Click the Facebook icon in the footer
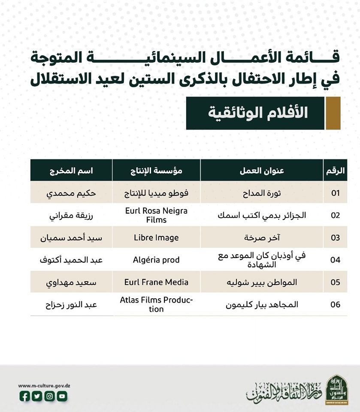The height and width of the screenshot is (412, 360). click(25, 397)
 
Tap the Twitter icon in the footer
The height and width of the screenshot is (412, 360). click(37, 397)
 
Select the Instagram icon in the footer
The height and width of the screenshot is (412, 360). click(50, 397)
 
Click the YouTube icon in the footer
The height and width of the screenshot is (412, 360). click(62, 397)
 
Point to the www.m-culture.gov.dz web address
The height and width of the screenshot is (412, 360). click(44, 386)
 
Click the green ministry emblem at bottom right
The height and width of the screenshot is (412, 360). click(337, 390)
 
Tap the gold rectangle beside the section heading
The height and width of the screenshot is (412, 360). click(333, 113)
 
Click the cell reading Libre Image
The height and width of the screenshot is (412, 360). click(156, 237)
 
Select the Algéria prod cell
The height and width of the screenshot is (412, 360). click(156, 260)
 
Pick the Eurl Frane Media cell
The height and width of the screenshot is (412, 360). click(156, 282)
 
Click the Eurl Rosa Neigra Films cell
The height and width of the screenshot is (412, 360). click(156, 215)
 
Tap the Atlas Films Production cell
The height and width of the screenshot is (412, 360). click(156, 304)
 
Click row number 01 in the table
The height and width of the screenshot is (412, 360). click(335, 193)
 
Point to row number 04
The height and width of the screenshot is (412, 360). click(335, 260)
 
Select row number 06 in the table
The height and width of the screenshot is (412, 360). click(335, 304)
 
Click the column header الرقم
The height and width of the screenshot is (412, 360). click(335, 170)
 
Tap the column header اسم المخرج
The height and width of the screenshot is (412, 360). click(71, 170)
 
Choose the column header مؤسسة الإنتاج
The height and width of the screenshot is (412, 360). click(156, 170)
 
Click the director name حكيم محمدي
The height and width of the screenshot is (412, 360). click(71, 193)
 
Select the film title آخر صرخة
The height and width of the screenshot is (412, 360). click(261, 237)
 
